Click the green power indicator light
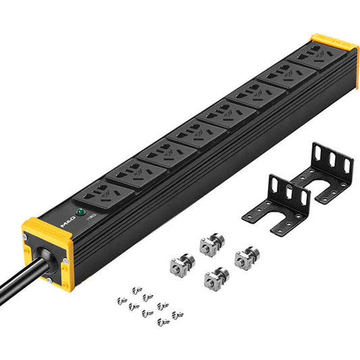coord(81,212)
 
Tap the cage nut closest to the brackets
coord(246,259)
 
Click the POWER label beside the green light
coord(91,209)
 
